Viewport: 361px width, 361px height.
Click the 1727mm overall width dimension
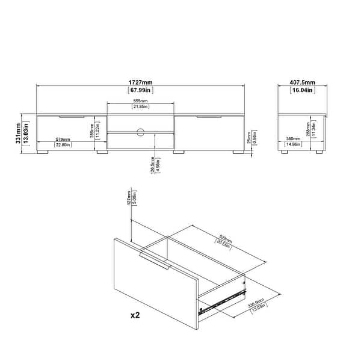[x=141, y=84]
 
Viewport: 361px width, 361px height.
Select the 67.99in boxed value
[x=141, y=90]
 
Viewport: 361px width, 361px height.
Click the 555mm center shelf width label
[x=141, y=101]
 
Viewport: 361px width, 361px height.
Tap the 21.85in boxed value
[x=141, y=107]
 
